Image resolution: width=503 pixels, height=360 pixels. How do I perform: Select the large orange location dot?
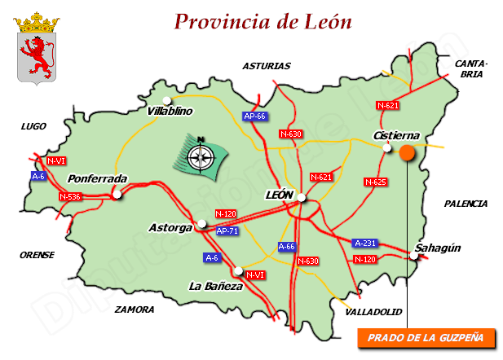[407, 152]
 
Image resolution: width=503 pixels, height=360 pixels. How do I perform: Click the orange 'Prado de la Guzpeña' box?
[426, 336]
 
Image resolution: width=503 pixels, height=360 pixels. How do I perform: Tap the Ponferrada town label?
[97, 178]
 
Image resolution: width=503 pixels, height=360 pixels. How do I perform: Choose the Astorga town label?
[170, 227]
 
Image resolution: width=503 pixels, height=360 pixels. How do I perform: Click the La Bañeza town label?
[215, 286]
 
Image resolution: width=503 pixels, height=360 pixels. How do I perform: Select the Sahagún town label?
[438, 248]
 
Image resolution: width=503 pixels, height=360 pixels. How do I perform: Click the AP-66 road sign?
[255, 116]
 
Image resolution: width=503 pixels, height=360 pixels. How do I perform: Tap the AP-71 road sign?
[227, 231]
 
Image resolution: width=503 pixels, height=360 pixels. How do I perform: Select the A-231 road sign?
[365, 243]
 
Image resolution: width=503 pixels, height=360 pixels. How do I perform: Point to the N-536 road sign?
[71, 196]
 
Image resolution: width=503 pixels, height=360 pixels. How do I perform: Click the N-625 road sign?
[375, 182]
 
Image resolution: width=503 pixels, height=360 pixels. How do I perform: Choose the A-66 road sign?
[287, 246]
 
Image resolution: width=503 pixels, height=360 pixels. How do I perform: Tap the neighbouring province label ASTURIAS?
[267, 66]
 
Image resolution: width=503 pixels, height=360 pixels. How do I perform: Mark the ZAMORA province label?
[135, 310]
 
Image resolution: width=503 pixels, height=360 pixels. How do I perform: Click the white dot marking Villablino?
[167, 100]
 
